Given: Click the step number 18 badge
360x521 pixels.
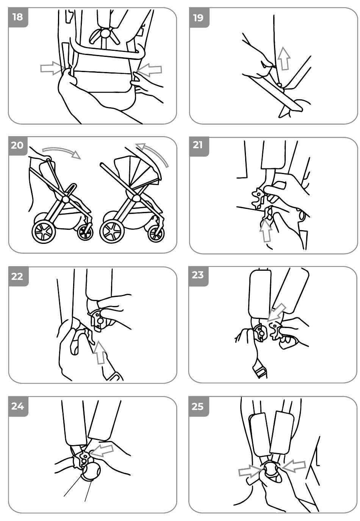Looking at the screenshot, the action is [18, 17].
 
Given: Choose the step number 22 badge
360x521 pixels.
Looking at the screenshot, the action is [18, 276].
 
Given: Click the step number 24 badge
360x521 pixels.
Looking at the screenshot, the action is [18, 406].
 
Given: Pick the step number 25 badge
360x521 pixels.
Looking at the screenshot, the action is [198, 406].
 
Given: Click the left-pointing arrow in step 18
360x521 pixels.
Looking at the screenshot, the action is [149, 70].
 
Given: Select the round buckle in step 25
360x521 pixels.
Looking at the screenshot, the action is [271, 469].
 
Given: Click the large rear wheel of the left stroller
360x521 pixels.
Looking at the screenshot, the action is [44, 232].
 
